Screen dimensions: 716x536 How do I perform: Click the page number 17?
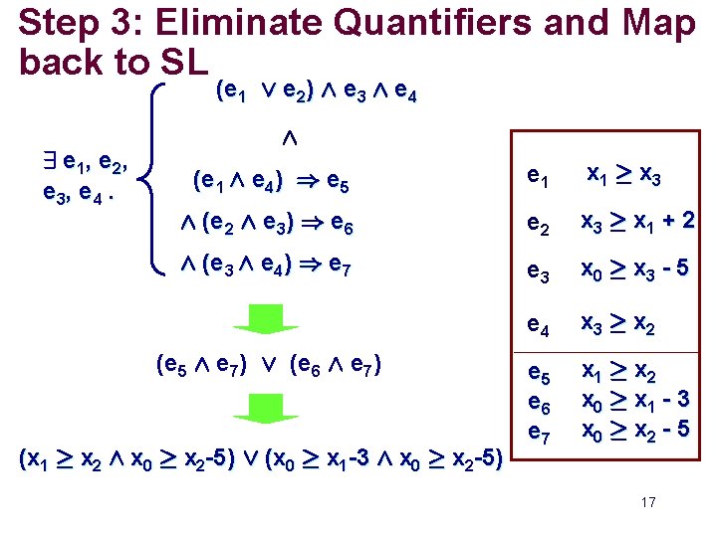tap(648, 502)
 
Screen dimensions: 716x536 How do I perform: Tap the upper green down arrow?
tap(264, 319)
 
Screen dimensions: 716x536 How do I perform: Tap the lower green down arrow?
tap(264, 409)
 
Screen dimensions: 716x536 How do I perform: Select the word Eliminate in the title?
tap(206, 22)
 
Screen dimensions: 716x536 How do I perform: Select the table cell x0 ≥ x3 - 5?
tap(635, 271)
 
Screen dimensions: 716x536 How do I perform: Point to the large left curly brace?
tap(154, 178)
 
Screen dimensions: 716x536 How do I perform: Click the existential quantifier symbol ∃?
tap(47, 160)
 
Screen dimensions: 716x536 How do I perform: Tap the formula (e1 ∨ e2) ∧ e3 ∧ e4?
tap(316, 92)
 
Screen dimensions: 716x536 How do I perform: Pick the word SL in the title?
tap(182, 62)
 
